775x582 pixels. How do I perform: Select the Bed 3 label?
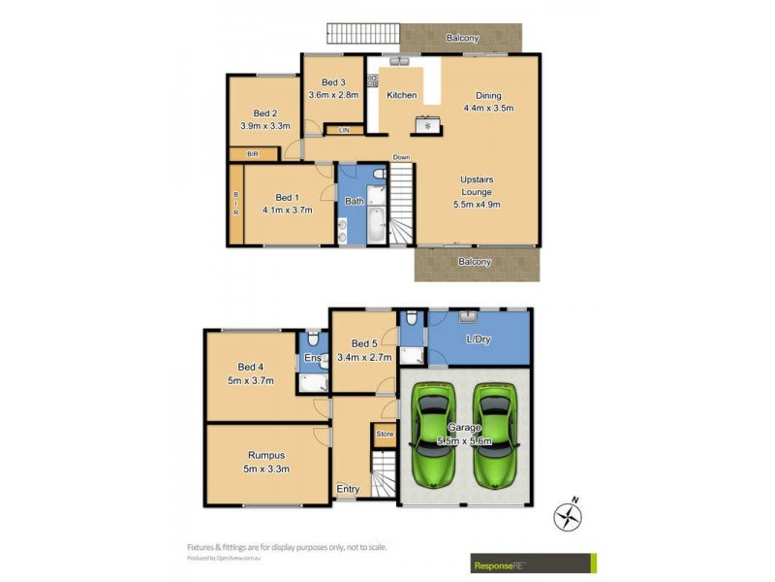tap(333, 82)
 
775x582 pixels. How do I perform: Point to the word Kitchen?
tap(402, 95)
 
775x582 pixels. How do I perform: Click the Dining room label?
tap(488, 95)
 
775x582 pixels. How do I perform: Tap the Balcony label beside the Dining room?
tap(462, 39)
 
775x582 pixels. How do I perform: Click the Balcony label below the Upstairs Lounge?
tap(474, 262)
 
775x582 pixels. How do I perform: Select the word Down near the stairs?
tap(401, 157)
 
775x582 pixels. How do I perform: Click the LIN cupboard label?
tap(343, 130)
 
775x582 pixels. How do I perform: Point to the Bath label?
tap(355, 201)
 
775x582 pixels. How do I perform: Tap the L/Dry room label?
tap(479, 339)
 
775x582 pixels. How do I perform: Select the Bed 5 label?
tap(364, 343)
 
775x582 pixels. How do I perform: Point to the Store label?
tap(385, 434)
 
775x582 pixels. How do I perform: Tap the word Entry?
tap(347, 490)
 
